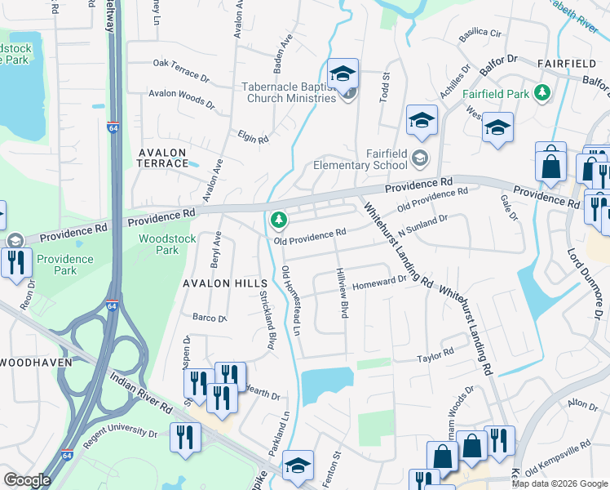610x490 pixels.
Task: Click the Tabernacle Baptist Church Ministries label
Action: pos(289,91)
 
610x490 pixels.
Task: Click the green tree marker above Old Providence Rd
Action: pos(279,220)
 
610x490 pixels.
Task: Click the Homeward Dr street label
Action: pos(378,280)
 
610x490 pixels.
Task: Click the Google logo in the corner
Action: pos(26,480)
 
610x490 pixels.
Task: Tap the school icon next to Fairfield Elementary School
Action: pos(420,157)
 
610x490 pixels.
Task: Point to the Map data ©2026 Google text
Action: pos(559,483)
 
